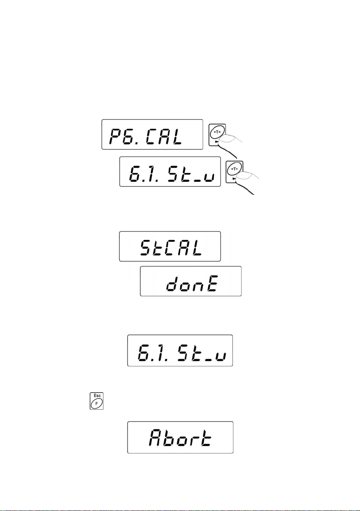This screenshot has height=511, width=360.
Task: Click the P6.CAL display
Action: click(152, 134)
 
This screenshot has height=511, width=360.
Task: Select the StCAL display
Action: click(170, 246)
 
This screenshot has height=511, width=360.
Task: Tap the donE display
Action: click(191, 281)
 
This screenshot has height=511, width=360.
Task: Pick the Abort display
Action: click(180, 437)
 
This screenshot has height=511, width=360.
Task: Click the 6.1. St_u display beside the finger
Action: click(170, 172)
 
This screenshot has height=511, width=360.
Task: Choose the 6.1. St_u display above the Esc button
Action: click(180, 351)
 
